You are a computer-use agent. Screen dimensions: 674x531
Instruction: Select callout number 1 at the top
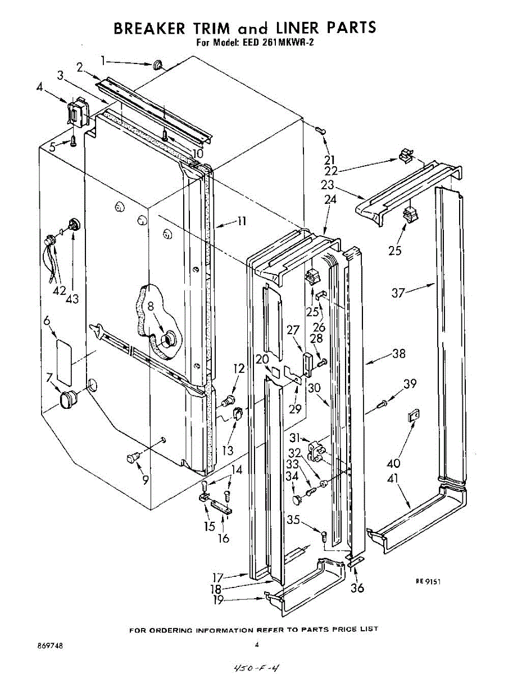click(103, 59)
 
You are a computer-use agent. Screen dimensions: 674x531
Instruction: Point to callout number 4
click(39, 86)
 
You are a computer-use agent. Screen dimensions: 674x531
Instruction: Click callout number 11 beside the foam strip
click(241, 221)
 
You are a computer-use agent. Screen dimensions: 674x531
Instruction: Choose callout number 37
click(398, 293)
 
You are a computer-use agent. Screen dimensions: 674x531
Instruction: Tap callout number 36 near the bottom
click(357, 588)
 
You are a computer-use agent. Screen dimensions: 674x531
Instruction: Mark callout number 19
click(219, 600)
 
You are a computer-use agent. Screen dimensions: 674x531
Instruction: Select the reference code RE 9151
click(428, 582)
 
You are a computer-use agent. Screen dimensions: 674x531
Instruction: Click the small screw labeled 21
click(320, 130)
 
